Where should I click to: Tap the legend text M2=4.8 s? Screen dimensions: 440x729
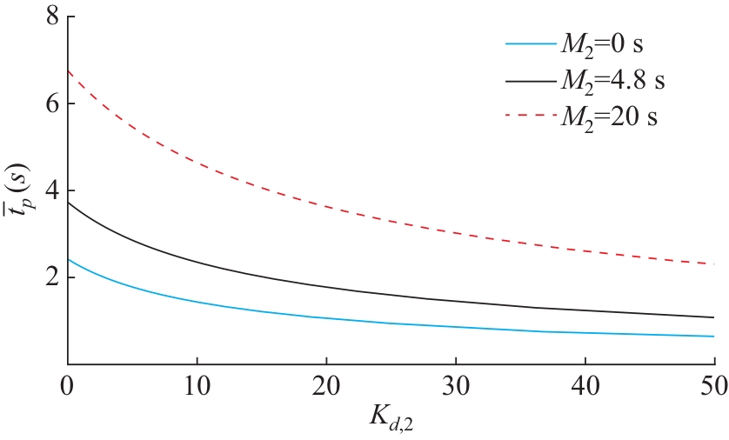(x=612, y=79)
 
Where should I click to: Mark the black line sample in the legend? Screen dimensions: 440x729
(x=529, y=79)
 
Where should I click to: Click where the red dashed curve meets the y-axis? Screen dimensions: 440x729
(x=68, y=70)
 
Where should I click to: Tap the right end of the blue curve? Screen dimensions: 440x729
(x=713, y=337)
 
